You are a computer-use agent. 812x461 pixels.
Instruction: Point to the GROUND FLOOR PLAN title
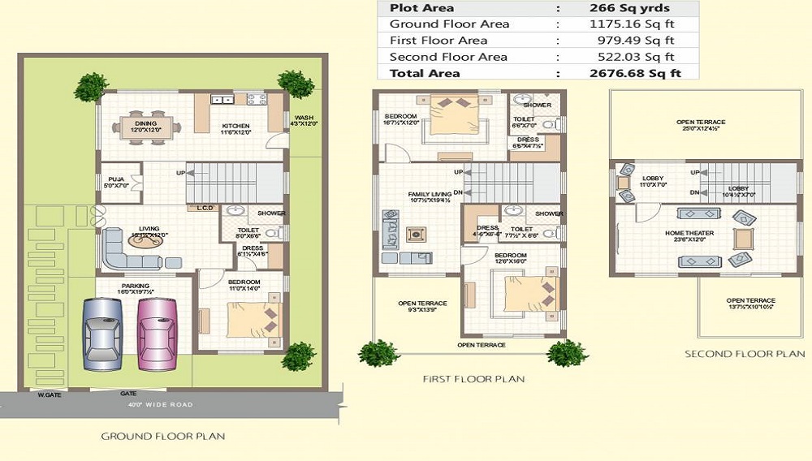point(162,436)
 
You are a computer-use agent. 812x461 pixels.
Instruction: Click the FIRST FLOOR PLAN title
point(473,379)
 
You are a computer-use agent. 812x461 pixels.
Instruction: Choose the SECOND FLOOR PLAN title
point(745,354)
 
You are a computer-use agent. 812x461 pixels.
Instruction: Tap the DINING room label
point(146,123)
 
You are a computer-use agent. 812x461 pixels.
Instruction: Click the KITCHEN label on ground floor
point(236,127)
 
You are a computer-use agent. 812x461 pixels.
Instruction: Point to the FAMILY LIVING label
point(429,195)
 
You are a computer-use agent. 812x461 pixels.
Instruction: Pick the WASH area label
point(304,118)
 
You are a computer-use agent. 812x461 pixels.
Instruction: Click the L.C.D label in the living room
point(205,208)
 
